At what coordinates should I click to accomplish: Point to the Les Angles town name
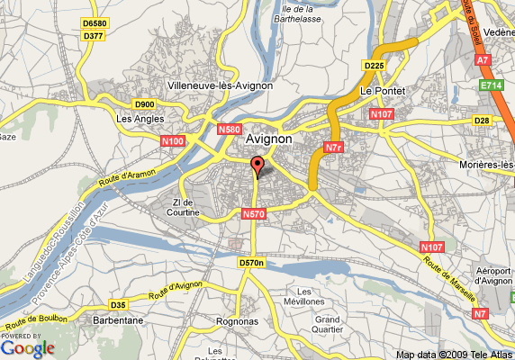[138, 118]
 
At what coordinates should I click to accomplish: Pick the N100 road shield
[174, 141]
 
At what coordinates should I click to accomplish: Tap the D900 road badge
[145, 104]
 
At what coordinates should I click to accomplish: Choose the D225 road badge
[374, 66]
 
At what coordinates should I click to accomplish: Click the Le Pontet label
[383, 92]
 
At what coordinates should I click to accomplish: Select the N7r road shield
[333, 146]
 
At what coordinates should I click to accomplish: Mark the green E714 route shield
[491, 85]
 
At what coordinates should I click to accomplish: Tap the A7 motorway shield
[483, 60]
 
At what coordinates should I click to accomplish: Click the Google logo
[28, 347]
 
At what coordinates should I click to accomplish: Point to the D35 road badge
[118, 304]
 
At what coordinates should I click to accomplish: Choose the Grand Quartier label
[327, 325]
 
